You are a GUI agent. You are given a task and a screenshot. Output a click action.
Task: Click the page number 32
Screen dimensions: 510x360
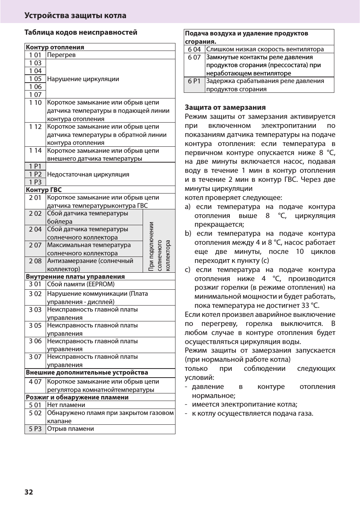[x=29, y=492]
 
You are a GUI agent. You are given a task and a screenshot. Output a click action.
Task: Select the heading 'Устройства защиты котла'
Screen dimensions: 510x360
[x=75, y=15]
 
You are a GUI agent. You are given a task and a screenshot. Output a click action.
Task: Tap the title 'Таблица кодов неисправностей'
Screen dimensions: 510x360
[x=81, y=32]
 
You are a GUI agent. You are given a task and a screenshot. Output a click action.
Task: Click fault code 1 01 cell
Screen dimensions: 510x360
[x=35, y=55]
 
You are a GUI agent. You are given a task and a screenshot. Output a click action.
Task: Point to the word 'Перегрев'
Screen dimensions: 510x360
[x=61, y=55]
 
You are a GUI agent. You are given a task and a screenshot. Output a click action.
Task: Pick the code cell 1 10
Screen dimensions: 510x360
[x=35, y=103]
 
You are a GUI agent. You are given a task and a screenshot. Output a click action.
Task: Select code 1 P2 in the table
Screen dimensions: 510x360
[x=35, y=174]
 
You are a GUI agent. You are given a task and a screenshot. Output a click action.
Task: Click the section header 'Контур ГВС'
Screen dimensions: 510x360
[x=43, y=190]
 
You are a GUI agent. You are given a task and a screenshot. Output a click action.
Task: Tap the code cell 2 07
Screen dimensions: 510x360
[x=35, y=245]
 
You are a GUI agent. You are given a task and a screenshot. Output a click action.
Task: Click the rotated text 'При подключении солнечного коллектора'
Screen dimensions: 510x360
[x=159, y=246]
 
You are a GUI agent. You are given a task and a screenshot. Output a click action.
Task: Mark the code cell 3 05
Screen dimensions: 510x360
[x=35, y=326]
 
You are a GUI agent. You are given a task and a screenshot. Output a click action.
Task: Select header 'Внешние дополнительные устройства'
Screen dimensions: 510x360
[x=87, y=373]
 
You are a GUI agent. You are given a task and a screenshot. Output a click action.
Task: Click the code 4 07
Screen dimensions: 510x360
[x=35, y=382]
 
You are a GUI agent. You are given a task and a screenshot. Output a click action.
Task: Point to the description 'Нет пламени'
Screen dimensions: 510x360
[x=66, y=405]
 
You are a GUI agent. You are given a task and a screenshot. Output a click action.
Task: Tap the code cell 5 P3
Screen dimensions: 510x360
[x=35, y=429]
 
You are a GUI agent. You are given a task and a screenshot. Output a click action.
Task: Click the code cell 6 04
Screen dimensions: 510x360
[x=194, y=49]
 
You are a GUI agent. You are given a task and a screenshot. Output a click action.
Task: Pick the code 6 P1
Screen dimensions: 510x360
[x=194, y=81]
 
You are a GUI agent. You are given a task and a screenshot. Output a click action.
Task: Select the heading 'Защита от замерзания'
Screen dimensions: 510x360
[x=225, y=108]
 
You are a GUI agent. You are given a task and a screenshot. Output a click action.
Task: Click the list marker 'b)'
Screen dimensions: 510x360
[x=188, y=233]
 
